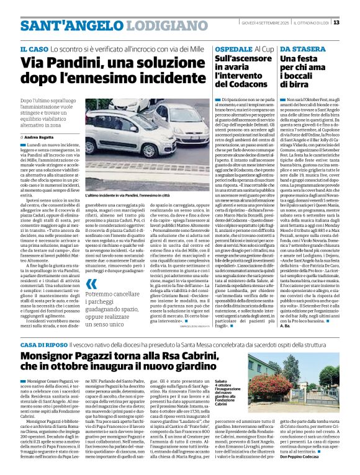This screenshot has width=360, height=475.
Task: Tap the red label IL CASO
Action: click(35, 49)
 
